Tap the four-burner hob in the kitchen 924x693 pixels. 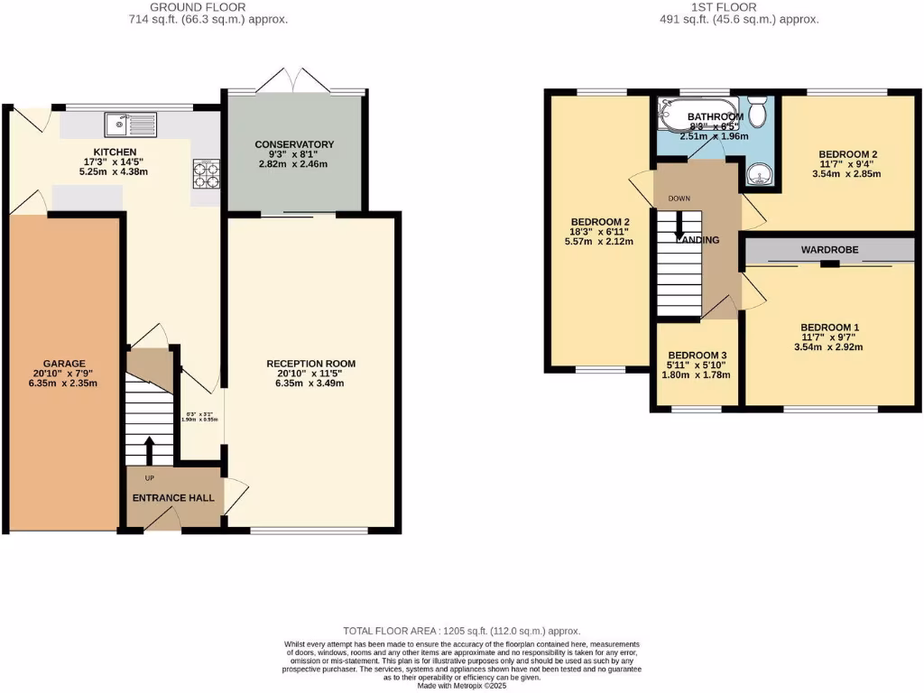click(x=207, y=173)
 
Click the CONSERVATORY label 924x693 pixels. click(x=294, y=144)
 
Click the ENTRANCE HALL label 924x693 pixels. click(x=173, y=497)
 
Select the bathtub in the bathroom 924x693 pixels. click(x=686, y=116)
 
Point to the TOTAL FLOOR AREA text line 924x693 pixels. click(x=461, y=631)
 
